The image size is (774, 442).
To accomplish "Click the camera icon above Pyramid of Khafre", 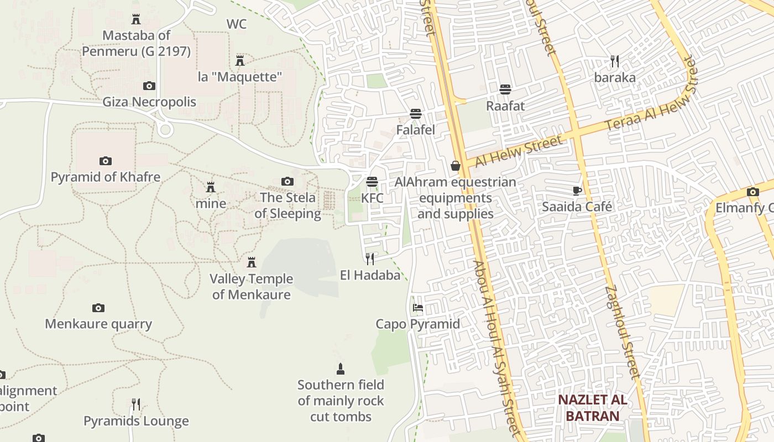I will (105, 161).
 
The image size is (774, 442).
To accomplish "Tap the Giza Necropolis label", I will (149, 102).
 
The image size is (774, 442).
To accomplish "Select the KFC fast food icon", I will (372, 182).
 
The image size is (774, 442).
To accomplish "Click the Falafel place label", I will (415, 130).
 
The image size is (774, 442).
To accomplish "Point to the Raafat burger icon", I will (505, 89).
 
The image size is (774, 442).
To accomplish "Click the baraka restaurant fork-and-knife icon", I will (614, 61).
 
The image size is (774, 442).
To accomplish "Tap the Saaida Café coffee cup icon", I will (577, 191).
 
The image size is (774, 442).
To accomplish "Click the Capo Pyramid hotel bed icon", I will (417, 307).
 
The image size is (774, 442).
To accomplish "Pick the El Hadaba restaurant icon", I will (370, 259).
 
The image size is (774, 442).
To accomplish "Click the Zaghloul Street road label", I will (623, 331).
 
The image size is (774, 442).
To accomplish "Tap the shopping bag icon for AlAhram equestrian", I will (455, 166).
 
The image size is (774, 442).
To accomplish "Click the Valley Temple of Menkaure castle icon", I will (252, 262).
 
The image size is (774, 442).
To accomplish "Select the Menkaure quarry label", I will (98, 324).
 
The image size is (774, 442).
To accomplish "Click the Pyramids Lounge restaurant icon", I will (136, 404).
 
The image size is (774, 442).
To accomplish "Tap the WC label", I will (237, 24).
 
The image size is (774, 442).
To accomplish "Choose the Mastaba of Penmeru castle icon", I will (135, 20).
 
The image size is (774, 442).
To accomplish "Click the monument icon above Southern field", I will (341, 369).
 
